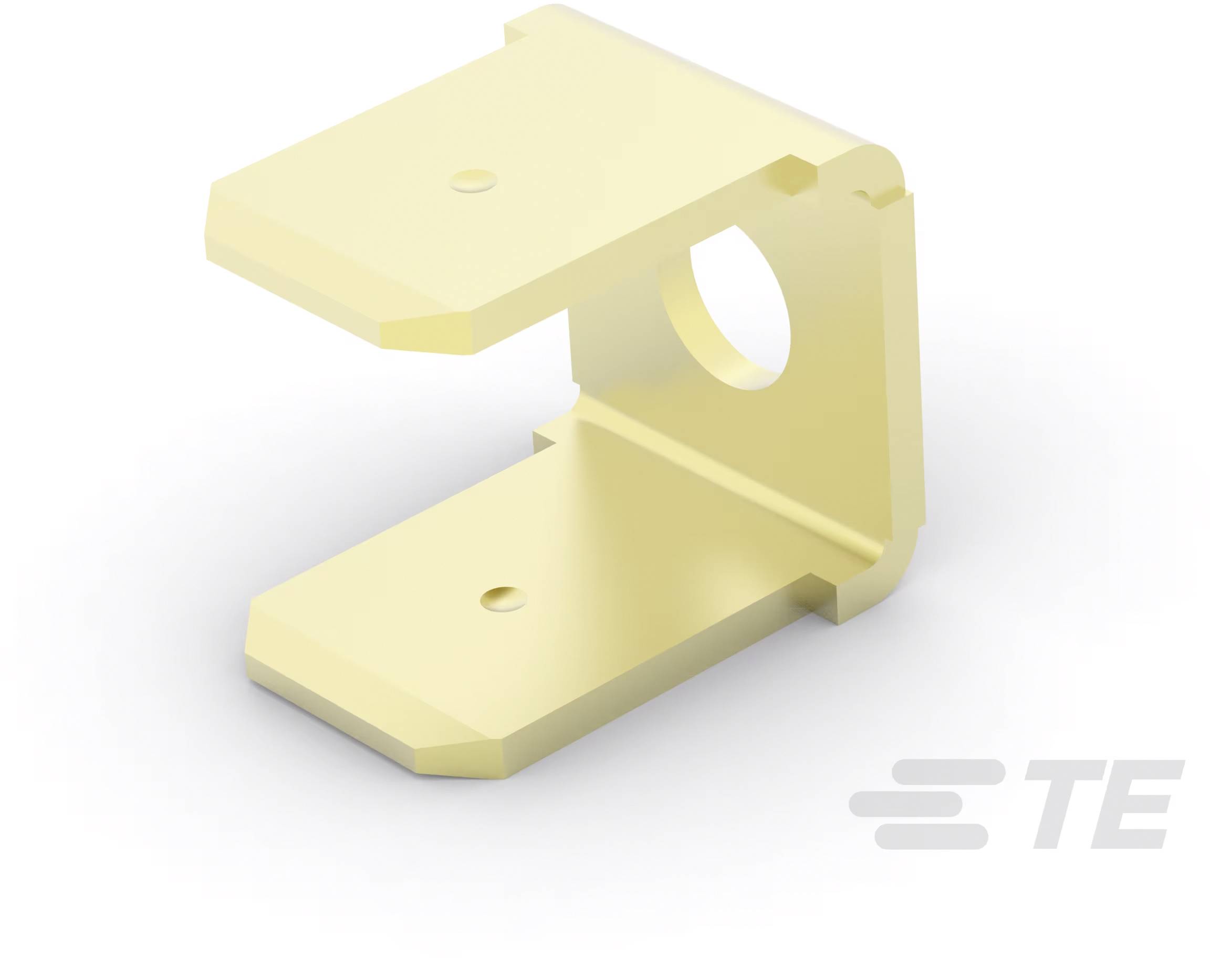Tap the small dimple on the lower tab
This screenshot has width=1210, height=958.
tap(505, 598)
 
